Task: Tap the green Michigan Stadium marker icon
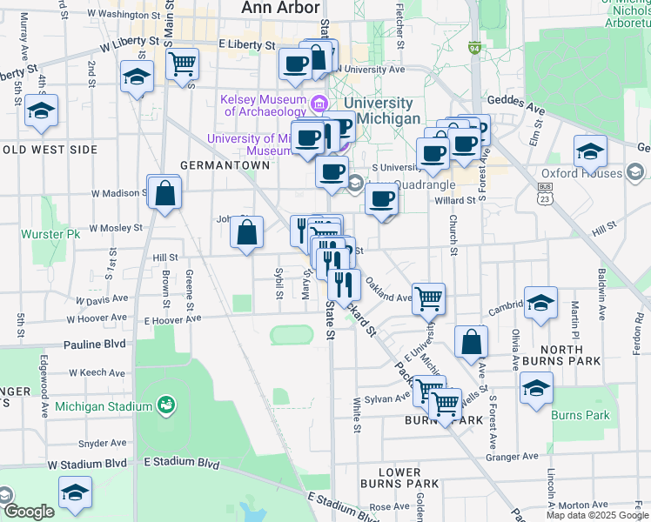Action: [165, 405]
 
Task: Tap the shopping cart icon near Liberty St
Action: [183, 64]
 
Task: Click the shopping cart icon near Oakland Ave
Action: [428, 298]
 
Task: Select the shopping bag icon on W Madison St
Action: [164, 193]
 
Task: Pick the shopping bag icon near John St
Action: [247, 232]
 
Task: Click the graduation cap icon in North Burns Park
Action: [540, 304]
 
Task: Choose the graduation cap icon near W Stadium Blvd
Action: [75, 493]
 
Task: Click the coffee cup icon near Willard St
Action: [381, 199]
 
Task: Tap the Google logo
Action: [28, 512]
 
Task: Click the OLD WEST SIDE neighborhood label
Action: [50, 150]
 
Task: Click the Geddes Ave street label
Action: [516, 110]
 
